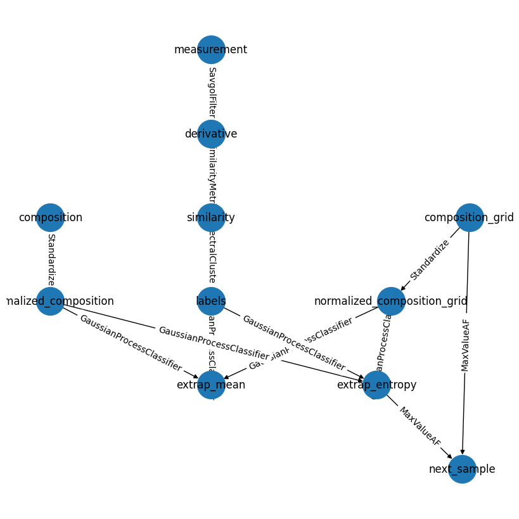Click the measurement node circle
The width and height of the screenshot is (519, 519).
click(x=211, y=49)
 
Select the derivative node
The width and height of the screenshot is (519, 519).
click(x=211, y=134)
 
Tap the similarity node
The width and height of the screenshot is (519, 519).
click(x=211, y=217)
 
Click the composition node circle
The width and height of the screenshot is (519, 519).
click(x=50, y=217)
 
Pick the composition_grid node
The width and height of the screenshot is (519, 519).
click(x=470, y=217)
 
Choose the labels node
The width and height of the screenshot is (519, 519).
click(x=211, y=301)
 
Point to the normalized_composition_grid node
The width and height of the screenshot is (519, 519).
click(x=391, y=301)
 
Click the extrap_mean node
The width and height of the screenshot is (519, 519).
click(x=211, y=385)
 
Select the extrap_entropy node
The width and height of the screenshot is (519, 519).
click(x=376, y=385)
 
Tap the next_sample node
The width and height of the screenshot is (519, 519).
click(x=462, y=469)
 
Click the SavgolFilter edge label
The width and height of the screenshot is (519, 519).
click(x=212, y=92)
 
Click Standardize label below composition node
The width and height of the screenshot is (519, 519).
click(x=51, y=259)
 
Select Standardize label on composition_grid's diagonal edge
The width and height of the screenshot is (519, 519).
click(x=430, y=260)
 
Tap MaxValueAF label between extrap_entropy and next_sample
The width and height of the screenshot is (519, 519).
click(x=420, y=426)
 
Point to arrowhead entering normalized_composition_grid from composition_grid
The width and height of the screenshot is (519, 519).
click(x=403, y=288)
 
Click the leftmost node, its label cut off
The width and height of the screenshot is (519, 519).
click(x=50, y=301)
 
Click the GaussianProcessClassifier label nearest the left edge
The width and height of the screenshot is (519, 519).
click(x=130, y=343)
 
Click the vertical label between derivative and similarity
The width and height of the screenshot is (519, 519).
click(x=212, y=176)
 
